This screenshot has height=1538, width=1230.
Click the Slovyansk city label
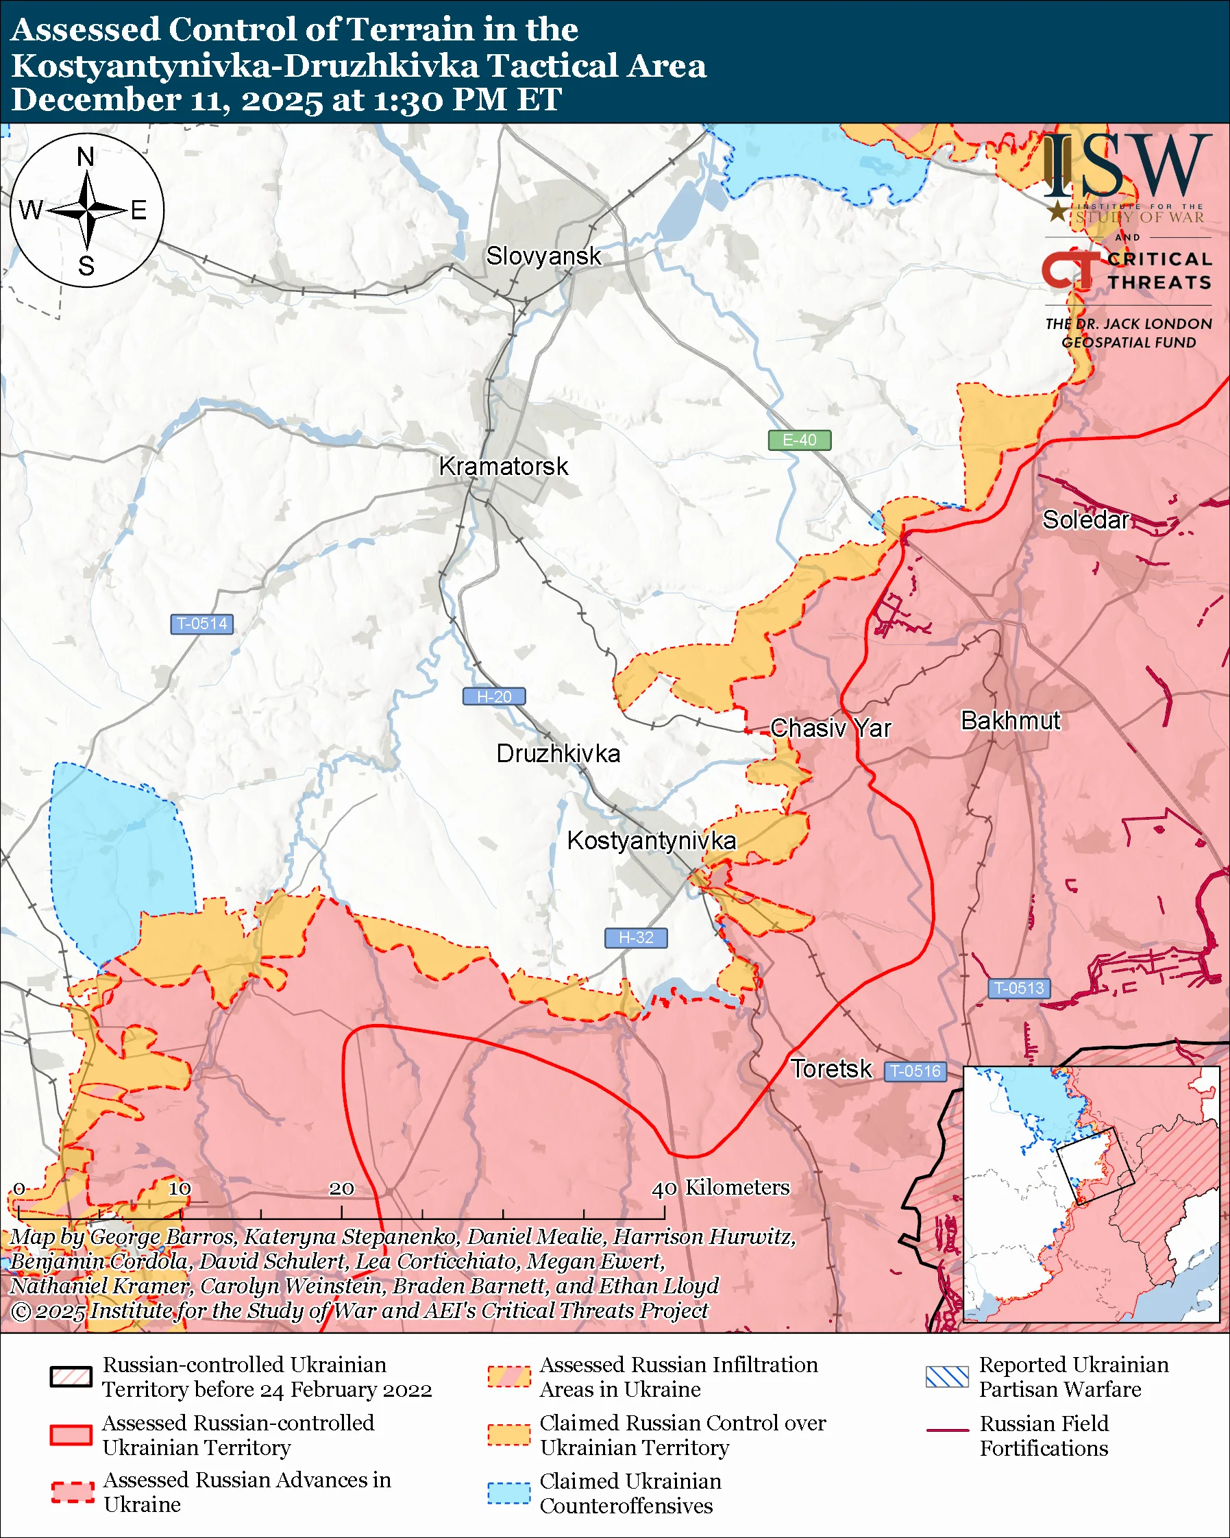pos(543,256)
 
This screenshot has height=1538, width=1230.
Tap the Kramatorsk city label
pos(504,467)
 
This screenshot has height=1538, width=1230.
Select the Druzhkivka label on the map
pos(558,754)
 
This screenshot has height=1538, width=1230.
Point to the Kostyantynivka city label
pos(651,840)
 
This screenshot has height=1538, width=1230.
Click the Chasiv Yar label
pos(831,729)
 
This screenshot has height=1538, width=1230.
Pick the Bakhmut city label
pos(1011,720)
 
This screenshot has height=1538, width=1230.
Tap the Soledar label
pos(1085,520)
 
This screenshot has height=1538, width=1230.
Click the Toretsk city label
pos(831,1069)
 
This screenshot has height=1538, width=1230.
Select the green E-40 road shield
pos(799,440)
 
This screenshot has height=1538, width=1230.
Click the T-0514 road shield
pos(201,624)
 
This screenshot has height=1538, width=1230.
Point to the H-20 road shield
pos(494,696)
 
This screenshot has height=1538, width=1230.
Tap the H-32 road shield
pos(636,938)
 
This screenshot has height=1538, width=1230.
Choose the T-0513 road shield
pos(1019,988)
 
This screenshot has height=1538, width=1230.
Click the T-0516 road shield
pos(915,1071)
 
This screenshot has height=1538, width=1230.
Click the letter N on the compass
pos(86,156)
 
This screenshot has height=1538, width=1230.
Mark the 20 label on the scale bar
pos(341,1188)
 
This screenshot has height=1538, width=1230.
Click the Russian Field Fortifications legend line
pos(948,1431)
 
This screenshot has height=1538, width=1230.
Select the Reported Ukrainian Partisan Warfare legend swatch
pos(947,1377)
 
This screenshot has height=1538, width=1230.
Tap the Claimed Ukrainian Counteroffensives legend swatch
pos(508,1493)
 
